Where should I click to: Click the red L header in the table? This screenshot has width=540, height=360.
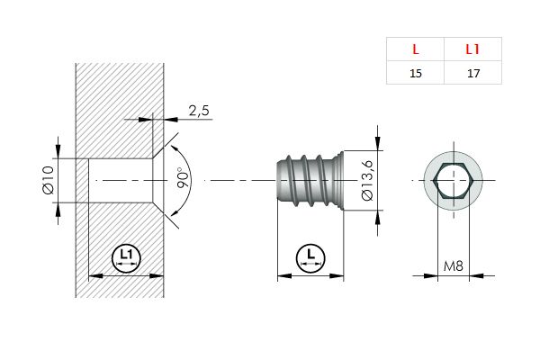416,49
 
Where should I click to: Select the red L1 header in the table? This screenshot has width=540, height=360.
472,49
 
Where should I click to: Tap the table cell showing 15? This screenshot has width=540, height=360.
416,73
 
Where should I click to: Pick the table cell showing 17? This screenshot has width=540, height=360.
473,73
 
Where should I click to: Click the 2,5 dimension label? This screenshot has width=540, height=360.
199,111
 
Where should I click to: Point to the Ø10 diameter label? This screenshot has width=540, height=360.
49,180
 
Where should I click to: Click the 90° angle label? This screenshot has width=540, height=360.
184,177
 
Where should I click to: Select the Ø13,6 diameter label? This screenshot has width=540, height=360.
367,180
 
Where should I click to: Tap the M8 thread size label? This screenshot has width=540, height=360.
454,266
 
